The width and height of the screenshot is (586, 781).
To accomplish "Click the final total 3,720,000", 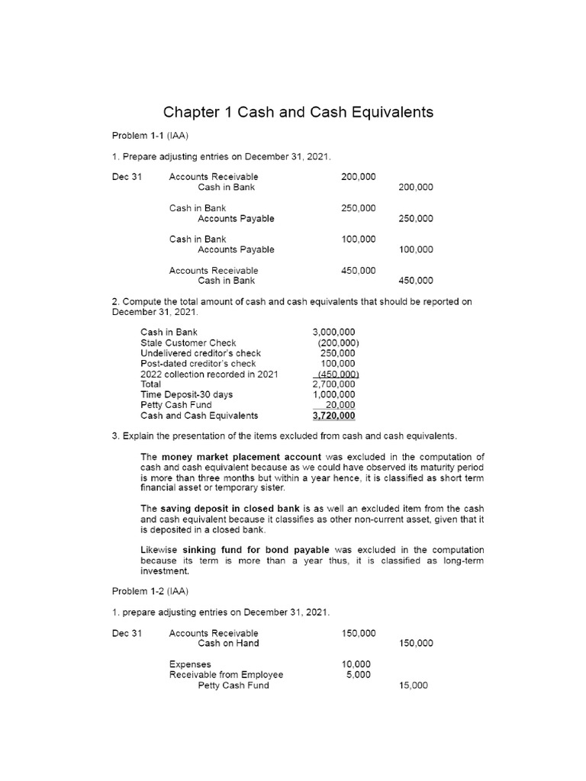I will pyautogui.click(x=333, y=416).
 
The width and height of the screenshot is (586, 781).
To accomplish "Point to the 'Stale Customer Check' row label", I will pyautogui.click(x=188, y=342).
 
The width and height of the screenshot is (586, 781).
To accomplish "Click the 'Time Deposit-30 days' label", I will pyautogui.click(x=187, y=394).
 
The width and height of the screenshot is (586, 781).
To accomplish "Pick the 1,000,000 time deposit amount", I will pyautogui.click(x=334, y=394).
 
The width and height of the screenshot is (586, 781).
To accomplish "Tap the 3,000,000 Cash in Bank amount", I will pyautogui.click(x=334, y=332).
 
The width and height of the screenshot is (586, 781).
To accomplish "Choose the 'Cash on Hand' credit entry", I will pyautogui.click(x=228, y=643).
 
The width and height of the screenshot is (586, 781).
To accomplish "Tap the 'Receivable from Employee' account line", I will pyautogui.click(x=226, y=674).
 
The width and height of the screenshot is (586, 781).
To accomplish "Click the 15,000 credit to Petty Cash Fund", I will pyautogui.click(x=415, y=686).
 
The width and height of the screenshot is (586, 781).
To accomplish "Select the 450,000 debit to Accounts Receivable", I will pyautogui.click(x=358, y=270).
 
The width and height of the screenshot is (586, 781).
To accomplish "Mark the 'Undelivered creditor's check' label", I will pyautogui.click(x=201, y=353).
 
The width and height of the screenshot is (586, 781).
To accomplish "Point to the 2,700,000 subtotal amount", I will pyautogui.click(x=334, y=384).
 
